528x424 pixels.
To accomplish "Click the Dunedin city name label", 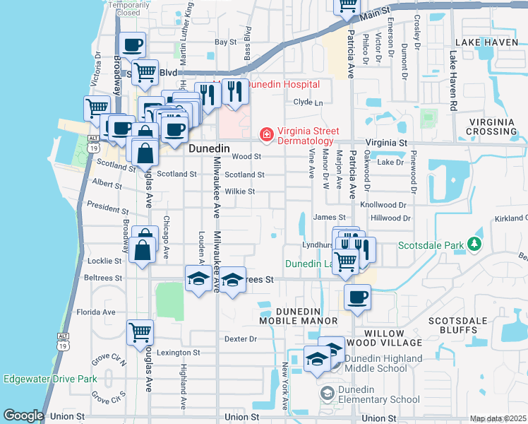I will coord(210,149).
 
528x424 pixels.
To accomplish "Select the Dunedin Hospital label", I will coord(282,84).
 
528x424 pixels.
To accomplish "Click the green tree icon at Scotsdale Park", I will coord(474,245).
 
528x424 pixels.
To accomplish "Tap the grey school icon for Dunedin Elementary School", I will coord(327,392).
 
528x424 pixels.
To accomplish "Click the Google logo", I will coord(23,415).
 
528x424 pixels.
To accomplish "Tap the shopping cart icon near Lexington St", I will coord(140,331).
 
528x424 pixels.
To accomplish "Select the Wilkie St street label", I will coord(240,192).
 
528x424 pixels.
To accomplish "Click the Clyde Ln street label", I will coord(308,102).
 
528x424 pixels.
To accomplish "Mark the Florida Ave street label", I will coord(95,312).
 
